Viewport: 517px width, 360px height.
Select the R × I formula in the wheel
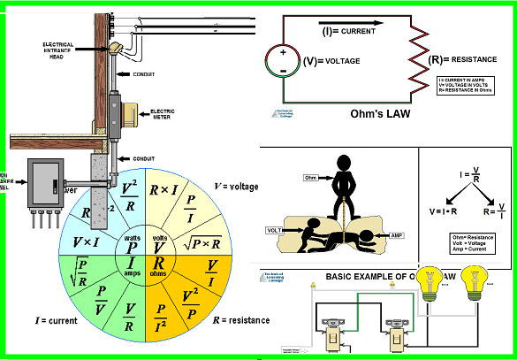[164, 188]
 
